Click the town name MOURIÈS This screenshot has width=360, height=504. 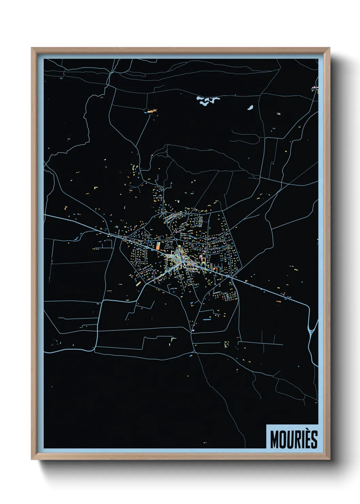coord(294,439)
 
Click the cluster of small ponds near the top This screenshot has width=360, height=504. coord(208,100)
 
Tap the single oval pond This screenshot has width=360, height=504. coord(250,108)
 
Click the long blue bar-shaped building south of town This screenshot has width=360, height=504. coord(207,320)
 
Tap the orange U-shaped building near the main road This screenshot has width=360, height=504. coord(215,269)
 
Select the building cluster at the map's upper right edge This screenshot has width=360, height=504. coord(315,90)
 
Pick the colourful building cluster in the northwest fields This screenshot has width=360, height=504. coord(151,111)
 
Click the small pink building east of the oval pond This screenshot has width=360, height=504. coord(279,114)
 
